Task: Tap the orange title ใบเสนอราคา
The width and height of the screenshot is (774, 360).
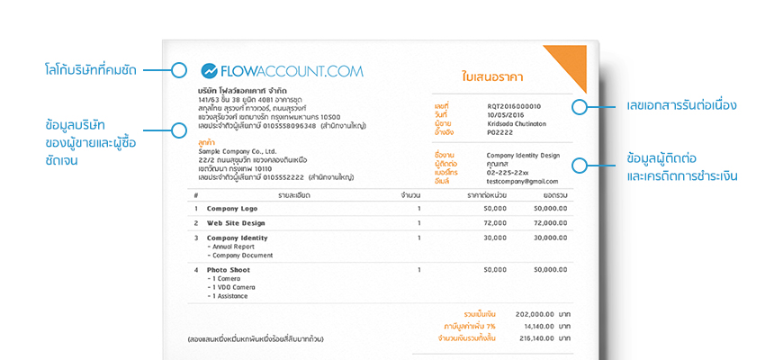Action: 492,77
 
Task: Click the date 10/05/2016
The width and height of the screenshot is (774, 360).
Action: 506,114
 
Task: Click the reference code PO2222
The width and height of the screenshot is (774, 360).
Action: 499,131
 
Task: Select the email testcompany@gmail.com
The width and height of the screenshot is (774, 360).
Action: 524,180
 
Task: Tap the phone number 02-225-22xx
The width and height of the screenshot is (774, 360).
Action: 508,172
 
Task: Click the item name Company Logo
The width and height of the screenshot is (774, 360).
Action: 232,208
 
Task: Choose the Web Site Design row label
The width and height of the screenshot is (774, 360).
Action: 236,222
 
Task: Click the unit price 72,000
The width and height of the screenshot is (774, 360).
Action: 495,222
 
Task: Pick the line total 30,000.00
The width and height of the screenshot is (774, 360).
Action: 549,238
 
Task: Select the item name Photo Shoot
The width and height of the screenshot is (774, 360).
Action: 229,269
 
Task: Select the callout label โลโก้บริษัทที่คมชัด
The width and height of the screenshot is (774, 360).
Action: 103,69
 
